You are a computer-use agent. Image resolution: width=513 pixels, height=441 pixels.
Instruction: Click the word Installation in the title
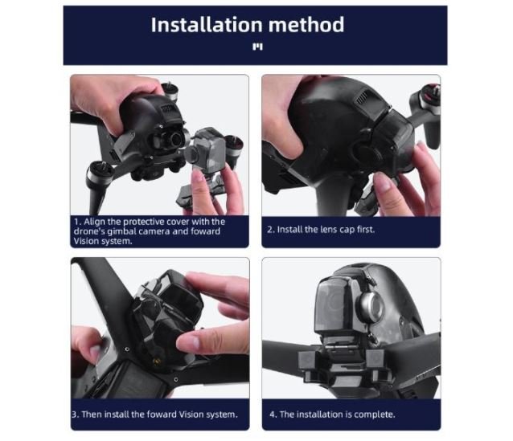[207, 25]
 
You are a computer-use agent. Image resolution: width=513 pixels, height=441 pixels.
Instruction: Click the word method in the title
[306, 25]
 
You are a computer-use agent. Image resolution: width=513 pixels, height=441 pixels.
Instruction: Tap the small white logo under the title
[257, 47]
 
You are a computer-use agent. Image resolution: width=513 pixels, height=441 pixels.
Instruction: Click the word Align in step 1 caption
[94, 222]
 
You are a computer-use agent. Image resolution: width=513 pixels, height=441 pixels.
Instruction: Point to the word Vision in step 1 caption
[84, 241]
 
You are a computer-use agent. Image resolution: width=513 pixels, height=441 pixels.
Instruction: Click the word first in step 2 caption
[365, 230]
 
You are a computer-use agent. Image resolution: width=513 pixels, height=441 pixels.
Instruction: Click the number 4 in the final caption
[273, 414]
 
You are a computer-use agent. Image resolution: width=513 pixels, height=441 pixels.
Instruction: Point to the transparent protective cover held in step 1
[206, 151]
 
